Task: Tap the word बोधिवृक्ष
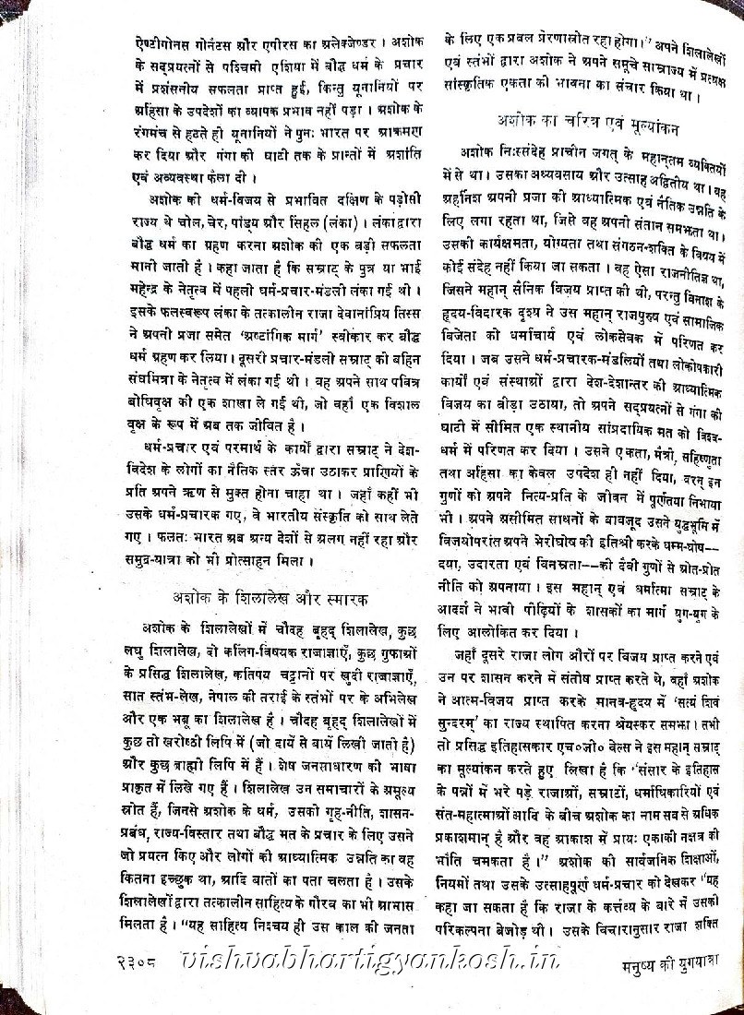click(154, 404)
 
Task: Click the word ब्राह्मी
click(218, 766)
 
